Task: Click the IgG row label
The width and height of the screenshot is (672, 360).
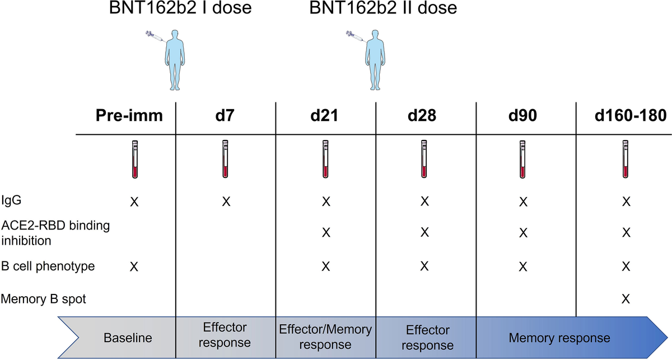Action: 11,200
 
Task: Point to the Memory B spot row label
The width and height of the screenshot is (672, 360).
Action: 44,299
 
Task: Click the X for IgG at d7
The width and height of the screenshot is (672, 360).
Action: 226,200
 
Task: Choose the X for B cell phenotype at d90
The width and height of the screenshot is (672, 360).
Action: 523,267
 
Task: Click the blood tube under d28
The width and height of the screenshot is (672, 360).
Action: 424,160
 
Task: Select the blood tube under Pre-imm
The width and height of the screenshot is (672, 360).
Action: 134,160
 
